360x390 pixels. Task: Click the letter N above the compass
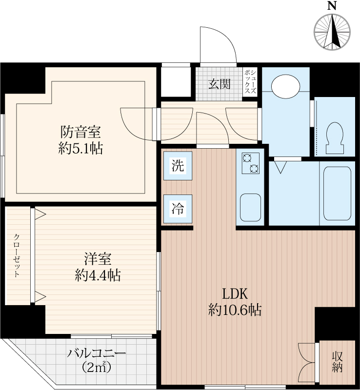tap(332, 6)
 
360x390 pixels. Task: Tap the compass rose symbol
tap(332, 32)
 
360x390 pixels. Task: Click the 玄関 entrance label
tap(219, 84)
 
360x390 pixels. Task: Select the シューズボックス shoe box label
tap(250, 81)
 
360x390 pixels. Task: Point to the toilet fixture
tap(335, 138)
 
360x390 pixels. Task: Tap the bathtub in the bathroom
tap(338, 193)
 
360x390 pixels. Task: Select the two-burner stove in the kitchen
tap(250, 163)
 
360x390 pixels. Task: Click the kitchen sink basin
tap(250, 208)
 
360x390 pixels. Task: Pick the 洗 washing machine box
tap(178, 166)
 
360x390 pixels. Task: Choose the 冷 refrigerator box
tap(178, 209)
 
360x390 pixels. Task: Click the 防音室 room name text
tap(80, 132)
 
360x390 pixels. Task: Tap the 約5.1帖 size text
tap(80, 148)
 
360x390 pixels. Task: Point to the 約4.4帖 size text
tap(98, 275)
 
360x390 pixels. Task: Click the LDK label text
tap(235, 294)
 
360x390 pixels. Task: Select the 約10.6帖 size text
tap(235, 310)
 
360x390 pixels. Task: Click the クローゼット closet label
tap(17, 255)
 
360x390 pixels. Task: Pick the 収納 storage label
tap(337, 362)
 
